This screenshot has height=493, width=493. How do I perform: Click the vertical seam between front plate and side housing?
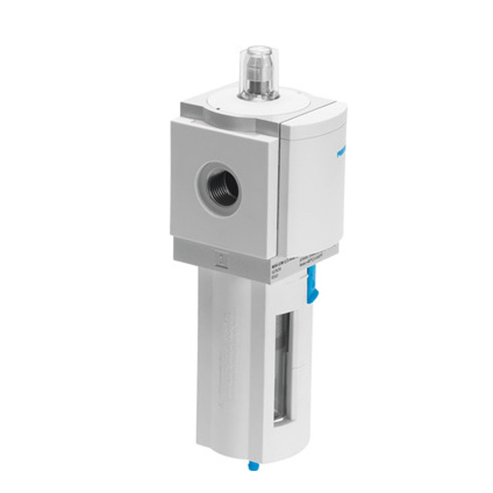(279, 187)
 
